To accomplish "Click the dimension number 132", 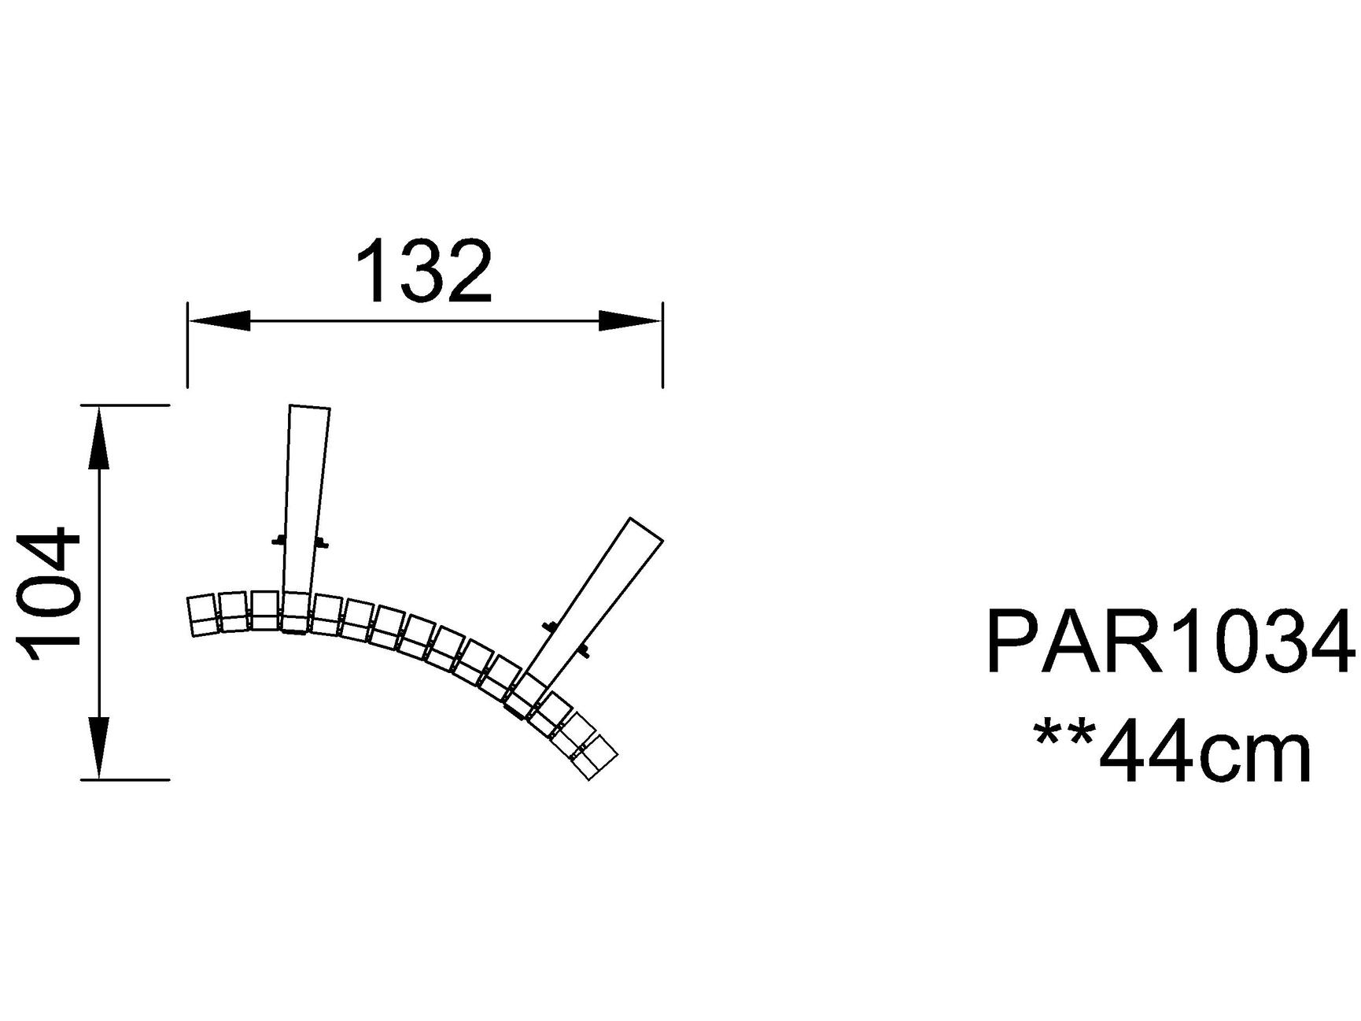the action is coord(424,272).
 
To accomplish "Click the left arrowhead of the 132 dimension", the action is coord(219,320).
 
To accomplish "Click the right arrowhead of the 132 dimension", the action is coord(630,320).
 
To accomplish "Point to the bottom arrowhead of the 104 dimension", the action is coord(98,748).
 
